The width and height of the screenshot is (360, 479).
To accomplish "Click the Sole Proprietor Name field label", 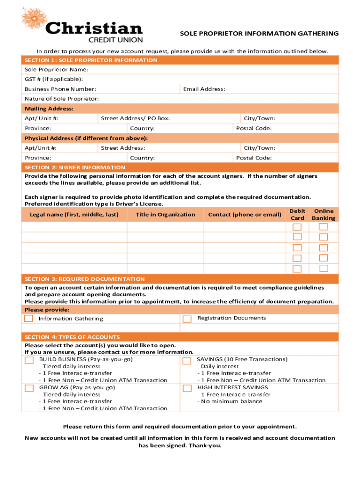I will (56, 69).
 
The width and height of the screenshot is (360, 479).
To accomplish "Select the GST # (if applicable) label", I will (54, 79).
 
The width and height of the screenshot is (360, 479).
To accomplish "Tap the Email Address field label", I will (204, 89).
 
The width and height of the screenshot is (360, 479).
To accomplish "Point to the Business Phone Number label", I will (60, 89).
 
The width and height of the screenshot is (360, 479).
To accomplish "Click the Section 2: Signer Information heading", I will (75, 167).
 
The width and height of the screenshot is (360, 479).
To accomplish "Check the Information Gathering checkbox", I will (29, 319).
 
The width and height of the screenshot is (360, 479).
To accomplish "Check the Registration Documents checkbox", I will (187, 319).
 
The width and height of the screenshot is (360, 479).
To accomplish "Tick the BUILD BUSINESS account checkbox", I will (29, 360).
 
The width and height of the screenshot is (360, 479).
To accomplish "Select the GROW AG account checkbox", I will (29, 388).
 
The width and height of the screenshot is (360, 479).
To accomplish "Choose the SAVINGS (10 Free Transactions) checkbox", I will (187, 361).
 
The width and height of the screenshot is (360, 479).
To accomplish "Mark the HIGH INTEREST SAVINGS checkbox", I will (187, 388).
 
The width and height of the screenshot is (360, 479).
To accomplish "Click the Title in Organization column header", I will (166, 215).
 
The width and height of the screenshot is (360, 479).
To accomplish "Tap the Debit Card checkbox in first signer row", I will (297, 227).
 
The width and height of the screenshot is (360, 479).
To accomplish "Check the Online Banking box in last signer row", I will (324, 269).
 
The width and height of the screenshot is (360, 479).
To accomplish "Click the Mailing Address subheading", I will (49, 109).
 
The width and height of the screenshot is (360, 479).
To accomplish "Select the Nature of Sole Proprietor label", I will (62, 99).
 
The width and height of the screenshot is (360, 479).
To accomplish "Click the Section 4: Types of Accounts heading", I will (72, 337).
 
